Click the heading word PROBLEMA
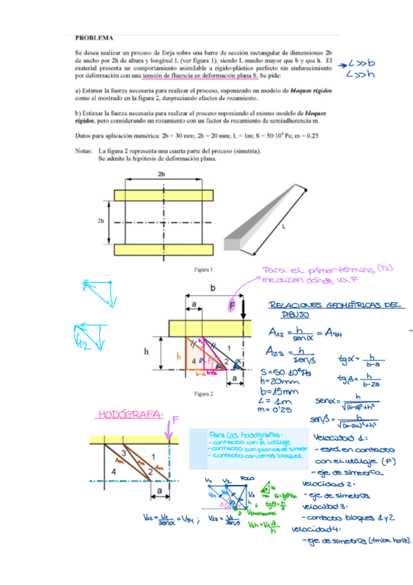[x=94, y=38]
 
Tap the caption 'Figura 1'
[x=206, y=269]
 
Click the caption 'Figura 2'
[x=206, y=394]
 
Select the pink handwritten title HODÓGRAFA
[x=132, y=415]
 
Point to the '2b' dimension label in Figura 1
[x=161, y=175]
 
